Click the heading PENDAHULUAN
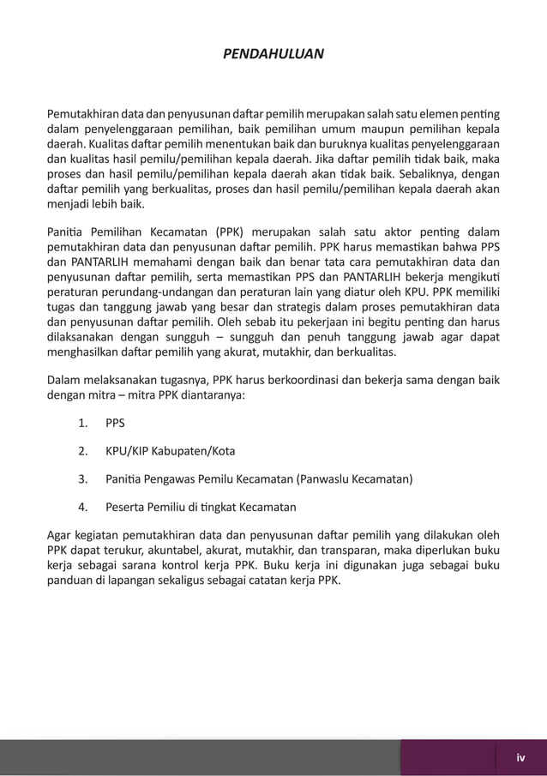coord(273,54)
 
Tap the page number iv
coord(520,757)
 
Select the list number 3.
coord(83,478)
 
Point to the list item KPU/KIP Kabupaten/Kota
coord(171,450)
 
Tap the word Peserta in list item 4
coord(126,505)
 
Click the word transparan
coord(364,549)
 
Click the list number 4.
coord(83,505)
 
